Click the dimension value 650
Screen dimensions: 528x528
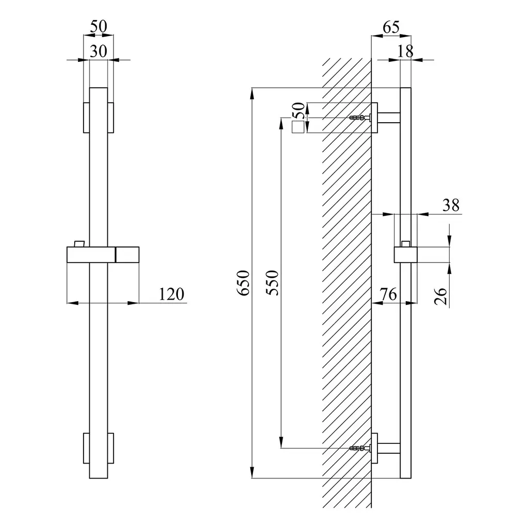pos(243,283)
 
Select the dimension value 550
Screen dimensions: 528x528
pos(272,283)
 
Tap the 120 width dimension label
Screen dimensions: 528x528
pos(171,294)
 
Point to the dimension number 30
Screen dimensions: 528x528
pos(98,51)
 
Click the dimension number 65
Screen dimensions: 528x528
pos(391,27)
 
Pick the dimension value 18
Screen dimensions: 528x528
pos(405,51)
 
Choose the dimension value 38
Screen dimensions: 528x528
pos(451,205)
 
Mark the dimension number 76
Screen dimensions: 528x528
pos(388,294)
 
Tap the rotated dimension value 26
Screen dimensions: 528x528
pos(440,296)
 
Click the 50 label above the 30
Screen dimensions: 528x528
pos(98,26)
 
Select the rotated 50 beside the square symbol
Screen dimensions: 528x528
pos(299,111)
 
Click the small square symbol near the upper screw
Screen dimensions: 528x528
pos(298,127)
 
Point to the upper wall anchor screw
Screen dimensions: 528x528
pos(360,118)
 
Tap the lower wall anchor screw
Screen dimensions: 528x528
pos(360,448)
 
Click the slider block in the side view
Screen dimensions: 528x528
pos(406,255)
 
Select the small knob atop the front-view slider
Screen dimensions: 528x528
pos(79,244)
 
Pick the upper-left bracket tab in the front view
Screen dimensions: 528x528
pos(87,118)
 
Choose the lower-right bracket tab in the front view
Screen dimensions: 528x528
pos(111,448)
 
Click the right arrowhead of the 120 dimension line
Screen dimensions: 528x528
pos(134,303)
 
